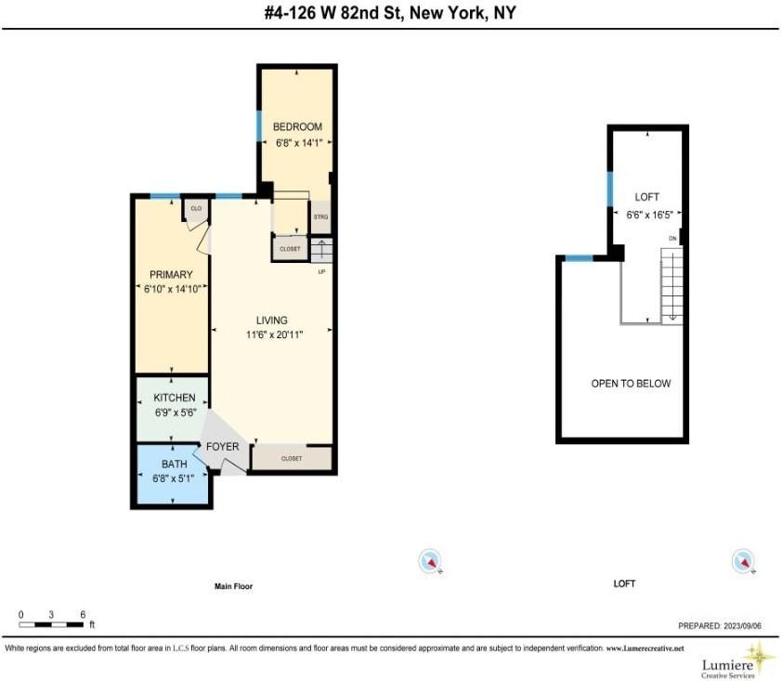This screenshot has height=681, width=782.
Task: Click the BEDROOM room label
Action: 297,126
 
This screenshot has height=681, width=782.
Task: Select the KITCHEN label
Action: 174,398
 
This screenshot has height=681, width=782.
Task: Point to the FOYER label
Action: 223,447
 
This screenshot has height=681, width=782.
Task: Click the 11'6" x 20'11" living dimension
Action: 272,334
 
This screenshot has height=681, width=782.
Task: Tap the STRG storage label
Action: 320,216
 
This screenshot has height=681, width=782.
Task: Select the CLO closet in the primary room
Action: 196,209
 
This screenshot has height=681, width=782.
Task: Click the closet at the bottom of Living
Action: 291,458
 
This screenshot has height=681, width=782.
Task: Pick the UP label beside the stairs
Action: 321,272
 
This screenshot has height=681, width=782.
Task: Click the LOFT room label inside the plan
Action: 646,197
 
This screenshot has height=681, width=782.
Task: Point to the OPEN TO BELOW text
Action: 631,383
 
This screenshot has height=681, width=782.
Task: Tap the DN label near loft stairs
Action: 671,239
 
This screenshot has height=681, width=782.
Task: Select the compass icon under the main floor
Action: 430,560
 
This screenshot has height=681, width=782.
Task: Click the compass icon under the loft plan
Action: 742,560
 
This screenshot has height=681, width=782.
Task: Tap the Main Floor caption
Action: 233,586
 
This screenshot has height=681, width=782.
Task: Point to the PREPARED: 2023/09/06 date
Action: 720,626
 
